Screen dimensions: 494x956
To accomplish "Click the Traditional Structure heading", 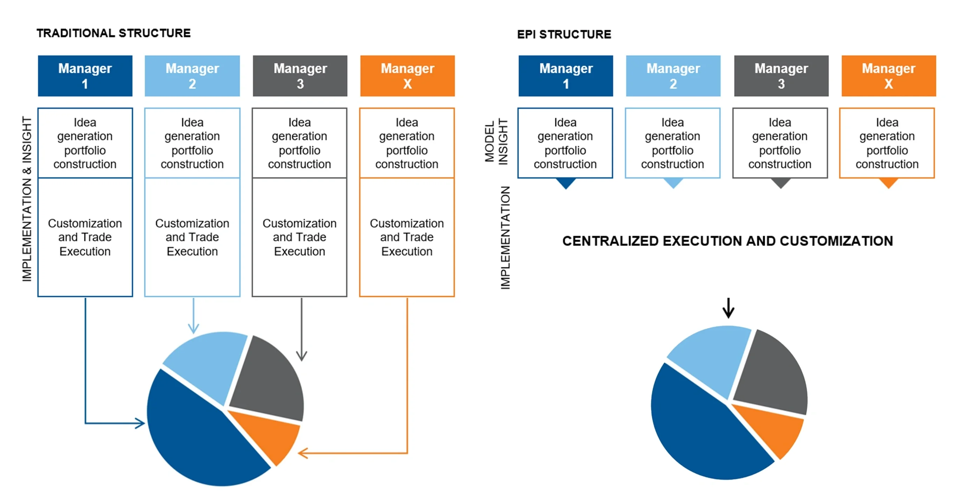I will coord(113,33).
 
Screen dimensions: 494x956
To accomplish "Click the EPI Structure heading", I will coord(564,35).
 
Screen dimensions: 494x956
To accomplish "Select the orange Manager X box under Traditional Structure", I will coord(407,76).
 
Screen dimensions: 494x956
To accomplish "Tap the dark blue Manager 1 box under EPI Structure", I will coord(566,76).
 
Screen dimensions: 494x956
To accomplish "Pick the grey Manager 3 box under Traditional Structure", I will coord(300,76).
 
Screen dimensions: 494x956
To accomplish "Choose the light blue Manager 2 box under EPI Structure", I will coord(673,76).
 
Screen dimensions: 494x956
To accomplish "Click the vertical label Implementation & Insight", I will coord(27,199).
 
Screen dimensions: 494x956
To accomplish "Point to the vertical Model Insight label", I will coord(496,141).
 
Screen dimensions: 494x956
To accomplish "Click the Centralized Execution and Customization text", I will coord(727,241).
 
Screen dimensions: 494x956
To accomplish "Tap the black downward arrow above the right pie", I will coord(728,308).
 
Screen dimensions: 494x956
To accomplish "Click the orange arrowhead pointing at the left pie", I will coord(303,453).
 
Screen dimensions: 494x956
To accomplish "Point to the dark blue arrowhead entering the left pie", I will coord(140,423).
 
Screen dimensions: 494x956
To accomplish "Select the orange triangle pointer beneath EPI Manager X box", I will coord(888,183).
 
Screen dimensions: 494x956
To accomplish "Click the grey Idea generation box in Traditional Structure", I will coord(299,143).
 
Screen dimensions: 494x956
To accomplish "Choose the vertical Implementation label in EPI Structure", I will coord(505,238).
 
